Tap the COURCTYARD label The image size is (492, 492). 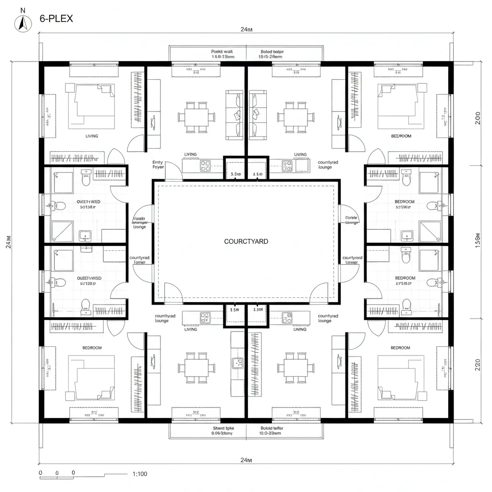[246, 241]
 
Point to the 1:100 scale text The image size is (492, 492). [139, 474]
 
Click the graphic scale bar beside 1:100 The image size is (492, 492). [72, 476]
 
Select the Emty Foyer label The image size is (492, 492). [158, 165]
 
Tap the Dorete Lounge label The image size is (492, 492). [352, 220]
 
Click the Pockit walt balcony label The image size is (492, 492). [222, 51]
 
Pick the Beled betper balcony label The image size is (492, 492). [271, 51]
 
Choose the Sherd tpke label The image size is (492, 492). [222, 427]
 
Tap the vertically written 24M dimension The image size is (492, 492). [8, 240]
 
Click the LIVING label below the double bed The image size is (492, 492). [92, 136]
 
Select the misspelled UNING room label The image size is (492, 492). [300, 330]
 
